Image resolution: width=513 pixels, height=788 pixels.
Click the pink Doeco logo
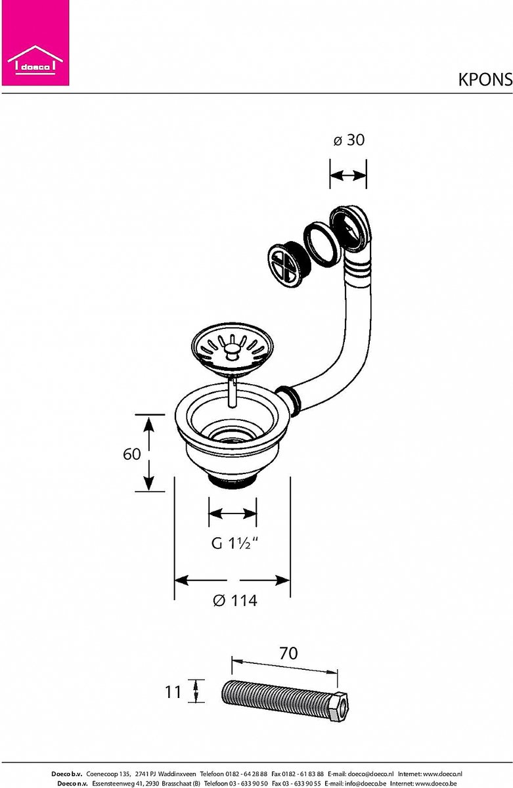35,43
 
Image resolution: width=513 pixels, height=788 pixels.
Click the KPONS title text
485,80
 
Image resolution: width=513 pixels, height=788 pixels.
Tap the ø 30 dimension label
349,140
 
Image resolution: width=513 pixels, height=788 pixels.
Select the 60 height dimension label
131,454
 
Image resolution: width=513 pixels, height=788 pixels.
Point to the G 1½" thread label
234,543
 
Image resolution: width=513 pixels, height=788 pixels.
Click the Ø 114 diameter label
234,600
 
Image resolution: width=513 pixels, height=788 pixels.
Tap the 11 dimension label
173,692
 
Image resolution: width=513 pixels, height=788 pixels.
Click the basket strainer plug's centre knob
231,351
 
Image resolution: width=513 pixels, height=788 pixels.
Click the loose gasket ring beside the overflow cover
322,244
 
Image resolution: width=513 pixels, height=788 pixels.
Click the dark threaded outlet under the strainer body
233,481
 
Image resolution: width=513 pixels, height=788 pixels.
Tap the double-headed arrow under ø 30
348,175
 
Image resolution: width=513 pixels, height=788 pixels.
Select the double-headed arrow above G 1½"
233,514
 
